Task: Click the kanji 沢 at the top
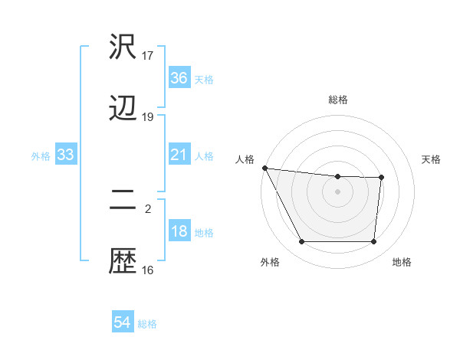[x=123, y=47]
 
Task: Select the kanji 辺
[x=123, y=109]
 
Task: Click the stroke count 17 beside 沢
[x=148, y=55]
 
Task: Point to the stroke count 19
[x=148, y=117]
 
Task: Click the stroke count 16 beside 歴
[x=148, y=270]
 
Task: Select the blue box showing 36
[x=179, y=78]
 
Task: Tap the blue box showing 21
[x=179, y=155]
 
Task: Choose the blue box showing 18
[x=179, y=232]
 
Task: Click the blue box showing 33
[x=66, y=155]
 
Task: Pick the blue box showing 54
[x=123, y=323]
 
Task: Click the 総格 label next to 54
[x=148, y=324]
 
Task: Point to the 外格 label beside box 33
[x=41, y=156]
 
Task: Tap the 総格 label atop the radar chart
[x=338, y=100]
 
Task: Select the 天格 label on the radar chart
[x=432, y=159]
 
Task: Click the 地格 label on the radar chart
[x=402, y=263]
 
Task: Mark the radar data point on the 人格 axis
[x=264, y=168]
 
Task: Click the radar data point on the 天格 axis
[x=381, y=178]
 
